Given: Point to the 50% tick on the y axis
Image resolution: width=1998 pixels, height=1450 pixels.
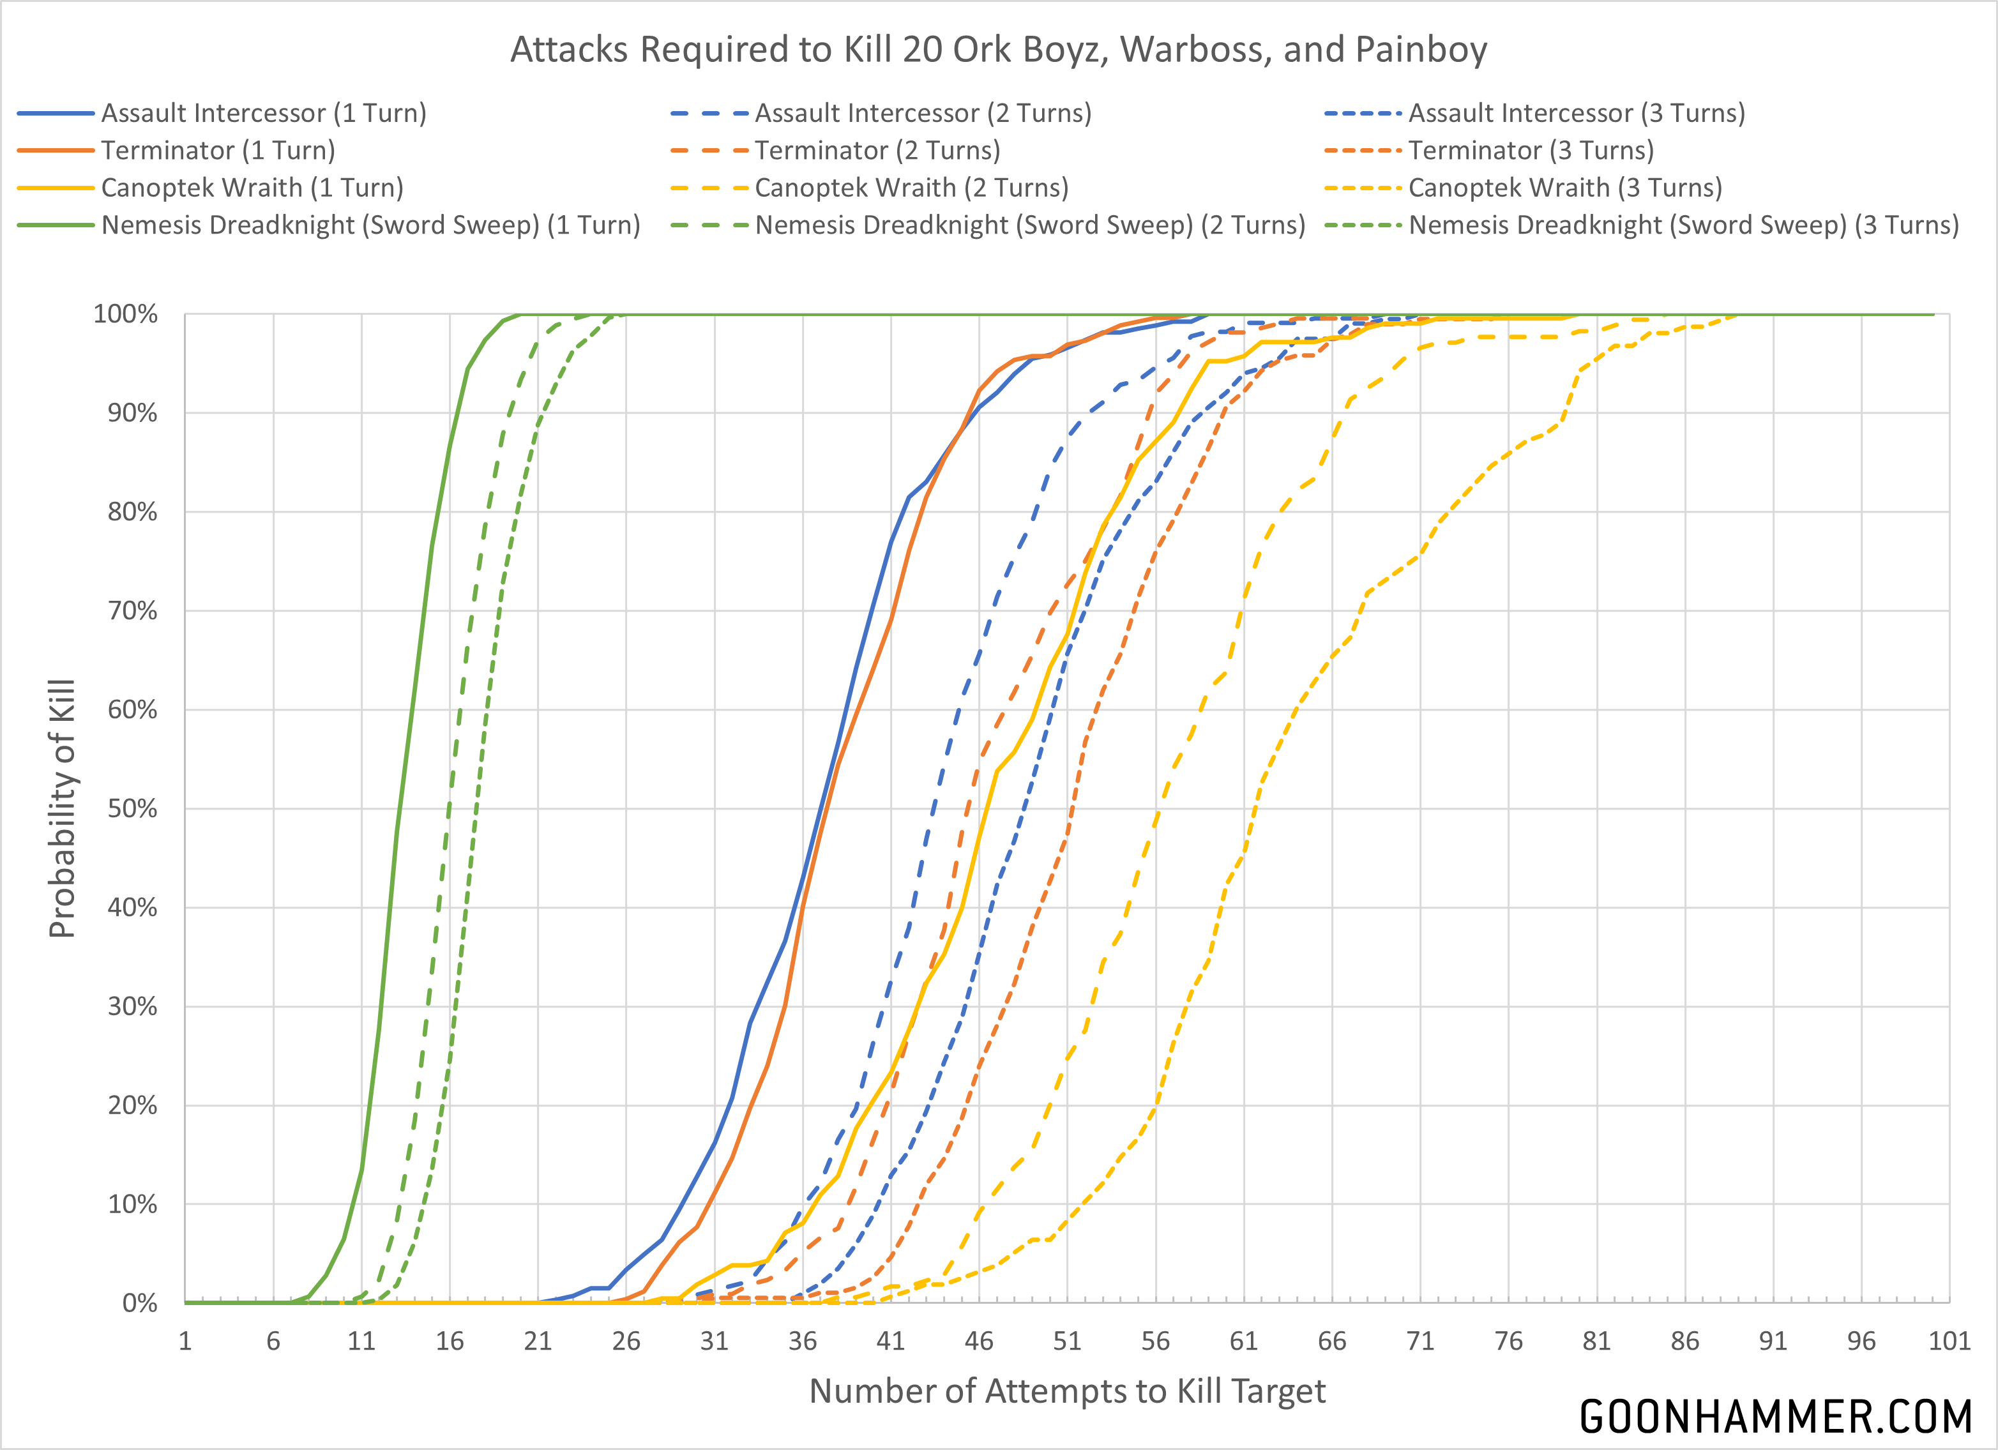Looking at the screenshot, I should coord(132,809).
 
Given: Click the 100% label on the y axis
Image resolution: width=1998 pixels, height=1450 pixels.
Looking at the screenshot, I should coord(125,315).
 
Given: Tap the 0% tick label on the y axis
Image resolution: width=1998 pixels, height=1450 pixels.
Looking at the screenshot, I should coord(139,1303).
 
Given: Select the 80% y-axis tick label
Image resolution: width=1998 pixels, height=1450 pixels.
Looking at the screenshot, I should coord(132,512).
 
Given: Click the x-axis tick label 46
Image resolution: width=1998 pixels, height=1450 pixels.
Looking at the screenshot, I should coord(979,1341).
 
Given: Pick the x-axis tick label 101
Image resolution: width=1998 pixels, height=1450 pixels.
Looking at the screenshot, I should coord(1949,1341).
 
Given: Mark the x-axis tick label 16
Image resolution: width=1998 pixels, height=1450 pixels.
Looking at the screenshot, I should coord(450,1341).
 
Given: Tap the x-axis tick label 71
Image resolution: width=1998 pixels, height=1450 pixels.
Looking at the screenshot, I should coord(1420,1341).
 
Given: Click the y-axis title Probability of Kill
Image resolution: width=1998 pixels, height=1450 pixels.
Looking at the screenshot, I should coord(62,809).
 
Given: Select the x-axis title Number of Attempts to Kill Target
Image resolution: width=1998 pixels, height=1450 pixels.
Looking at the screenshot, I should coord(1067,1391).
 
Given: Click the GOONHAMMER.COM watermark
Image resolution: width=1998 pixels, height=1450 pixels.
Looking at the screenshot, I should coord(1775,1417).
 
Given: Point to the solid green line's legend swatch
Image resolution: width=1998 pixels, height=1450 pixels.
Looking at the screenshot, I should coord(56,225).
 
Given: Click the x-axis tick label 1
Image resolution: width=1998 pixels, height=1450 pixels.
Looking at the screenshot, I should coord(185,1341).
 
